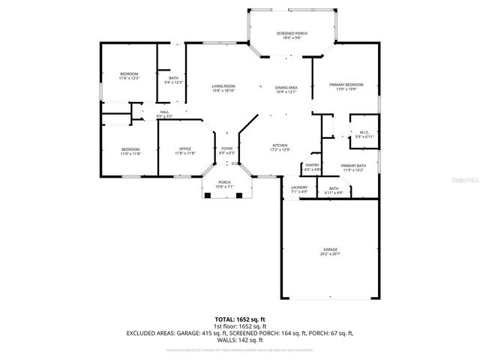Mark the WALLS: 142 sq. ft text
click(240, 340)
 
